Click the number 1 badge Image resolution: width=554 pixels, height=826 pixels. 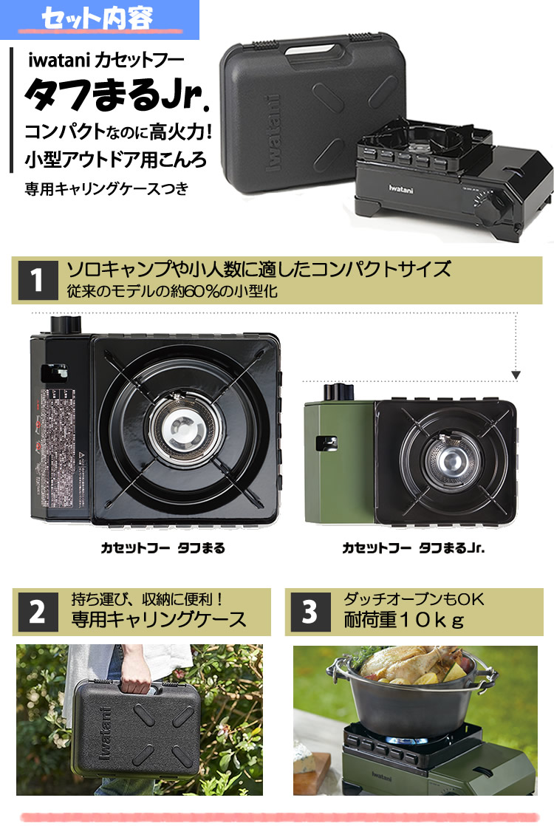coord(38,281)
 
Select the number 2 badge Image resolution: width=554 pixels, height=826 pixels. coord(37,612)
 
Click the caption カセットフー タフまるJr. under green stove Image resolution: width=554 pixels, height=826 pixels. coord(413,548)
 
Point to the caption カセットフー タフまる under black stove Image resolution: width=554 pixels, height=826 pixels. coord(163,548)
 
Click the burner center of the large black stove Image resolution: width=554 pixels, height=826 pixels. coord(189,426)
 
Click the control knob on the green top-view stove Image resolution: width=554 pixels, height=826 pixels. coord(341,392)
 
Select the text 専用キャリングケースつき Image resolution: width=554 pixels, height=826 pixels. coord(106,189)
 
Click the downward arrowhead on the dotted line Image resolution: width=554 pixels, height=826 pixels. coord(516,375)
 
